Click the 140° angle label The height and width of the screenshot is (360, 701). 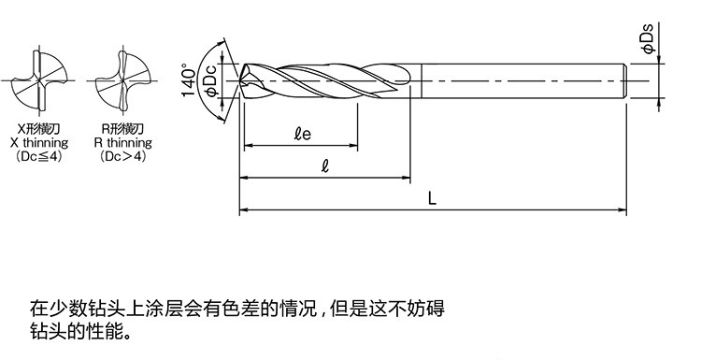click(191, 80)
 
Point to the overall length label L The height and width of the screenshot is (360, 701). click(432, 197)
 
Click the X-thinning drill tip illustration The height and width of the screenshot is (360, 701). click(38, 73)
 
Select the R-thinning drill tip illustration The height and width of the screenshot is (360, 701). click(122, 73)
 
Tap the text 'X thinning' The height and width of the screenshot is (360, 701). click(38, 143)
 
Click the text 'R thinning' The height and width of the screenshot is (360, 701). click(122, 143)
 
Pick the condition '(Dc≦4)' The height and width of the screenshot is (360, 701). click(38, 157)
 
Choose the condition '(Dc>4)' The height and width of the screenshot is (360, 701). click(122, 157)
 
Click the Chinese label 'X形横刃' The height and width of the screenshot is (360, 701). click(38, 128)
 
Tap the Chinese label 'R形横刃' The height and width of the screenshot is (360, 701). click(122, 128)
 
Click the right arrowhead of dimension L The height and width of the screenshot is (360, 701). click(623, 209)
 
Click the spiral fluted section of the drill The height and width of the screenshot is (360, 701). click(327, 81)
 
